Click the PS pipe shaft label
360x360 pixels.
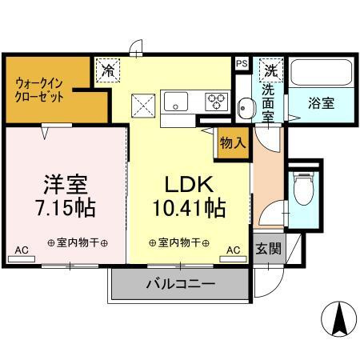242,63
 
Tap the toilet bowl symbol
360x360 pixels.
303,188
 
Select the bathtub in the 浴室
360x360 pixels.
321,72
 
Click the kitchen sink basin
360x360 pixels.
176,102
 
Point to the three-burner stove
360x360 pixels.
216,102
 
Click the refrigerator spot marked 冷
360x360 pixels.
108,70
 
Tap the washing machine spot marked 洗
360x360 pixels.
271,70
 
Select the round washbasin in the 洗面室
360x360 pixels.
246,109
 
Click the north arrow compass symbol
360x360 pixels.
338,319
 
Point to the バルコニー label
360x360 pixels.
181,284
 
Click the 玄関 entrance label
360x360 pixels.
268,248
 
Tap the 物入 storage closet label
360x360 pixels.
233,143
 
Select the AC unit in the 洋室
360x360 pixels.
22,259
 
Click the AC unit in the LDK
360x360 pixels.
233,259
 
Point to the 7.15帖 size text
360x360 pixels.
66,208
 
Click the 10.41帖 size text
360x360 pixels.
189,208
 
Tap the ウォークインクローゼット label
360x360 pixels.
39,90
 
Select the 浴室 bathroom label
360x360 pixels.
321,103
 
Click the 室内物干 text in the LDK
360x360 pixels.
179,242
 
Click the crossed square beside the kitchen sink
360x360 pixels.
143,106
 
